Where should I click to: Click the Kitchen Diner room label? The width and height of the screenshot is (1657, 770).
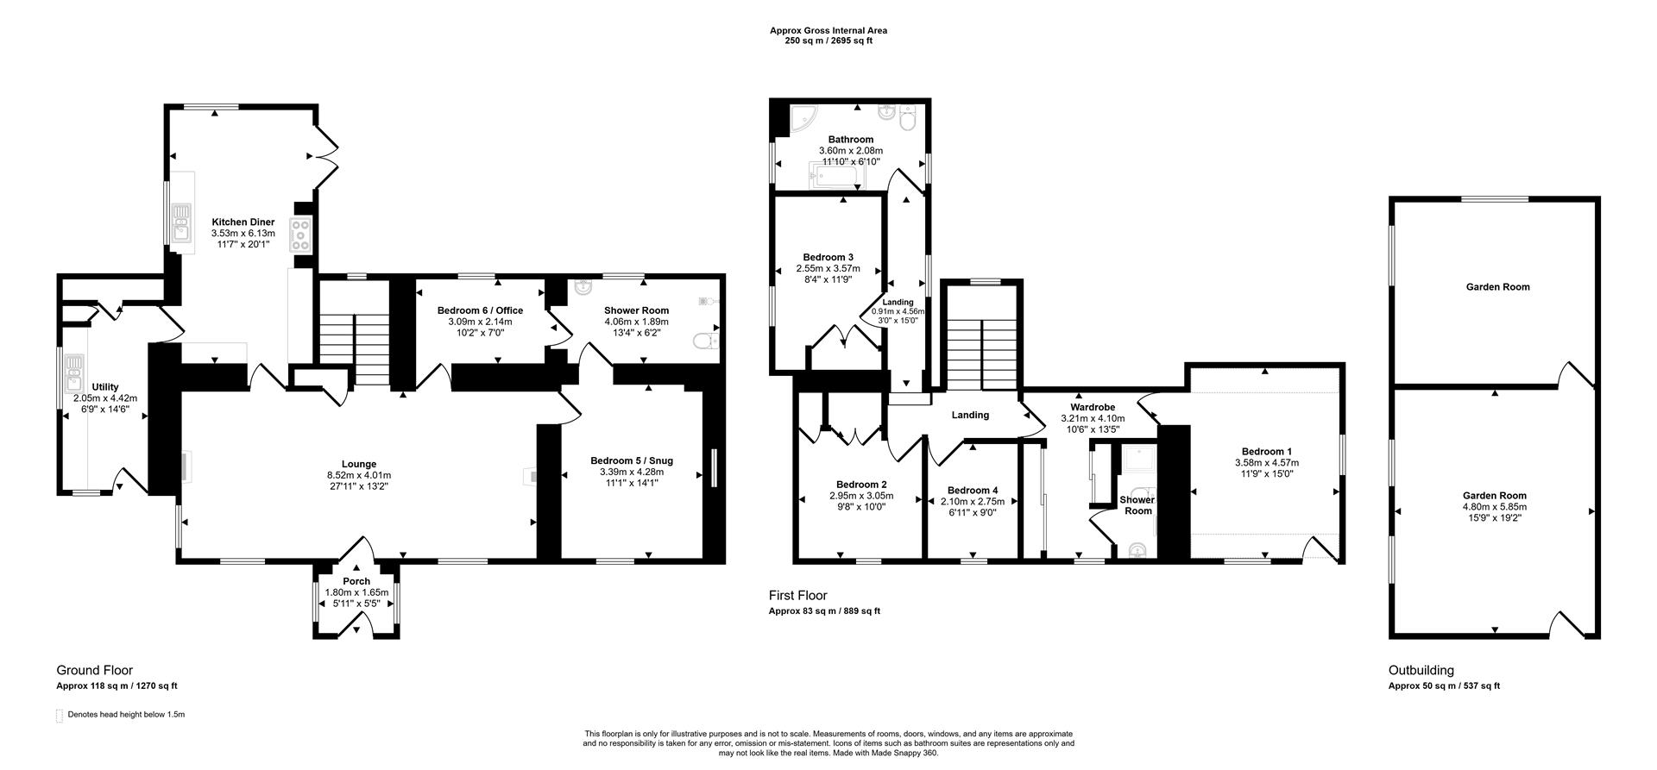(x=243, y=222)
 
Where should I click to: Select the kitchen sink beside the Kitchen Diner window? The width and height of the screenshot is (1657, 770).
(x=181, y=222)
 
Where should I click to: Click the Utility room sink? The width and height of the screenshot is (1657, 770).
(x=73, y=372)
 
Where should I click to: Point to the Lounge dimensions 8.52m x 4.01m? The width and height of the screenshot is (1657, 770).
(x=358, y=475)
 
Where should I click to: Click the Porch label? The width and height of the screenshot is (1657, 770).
(x=356, y=581)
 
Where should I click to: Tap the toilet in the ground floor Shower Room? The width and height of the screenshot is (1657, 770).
(x=706, y=343)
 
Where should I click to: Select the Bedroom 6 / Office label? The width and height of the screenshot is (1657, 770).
(x=480, y=310)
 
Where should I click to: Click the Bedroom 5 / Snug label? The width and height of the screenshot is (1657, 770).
(x=631, y=460)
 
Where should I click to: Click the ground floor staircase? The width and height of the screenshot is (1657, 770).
(x=356, y=348)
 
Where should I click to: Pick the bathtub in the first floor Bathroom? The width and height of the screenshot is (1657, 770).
(x=834, y=178)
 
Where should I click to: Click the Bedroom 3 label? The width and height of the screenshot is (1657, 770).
(x=828, y=257)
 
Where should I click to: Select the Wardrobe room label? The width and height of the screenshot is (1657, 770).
(x=1093, y=407)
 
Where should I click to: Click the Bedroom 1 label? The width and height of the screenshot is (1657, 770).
(x=1266, y=451)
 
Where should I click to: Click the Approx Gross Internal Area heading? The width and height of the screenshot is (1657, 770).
(x=828, y=30)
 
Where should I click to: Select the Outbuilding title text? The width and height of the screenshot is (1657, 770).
(x=1421, y=670)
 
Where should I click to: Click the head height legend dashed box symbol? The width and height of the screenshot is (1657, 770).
(x=60, y=716)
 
